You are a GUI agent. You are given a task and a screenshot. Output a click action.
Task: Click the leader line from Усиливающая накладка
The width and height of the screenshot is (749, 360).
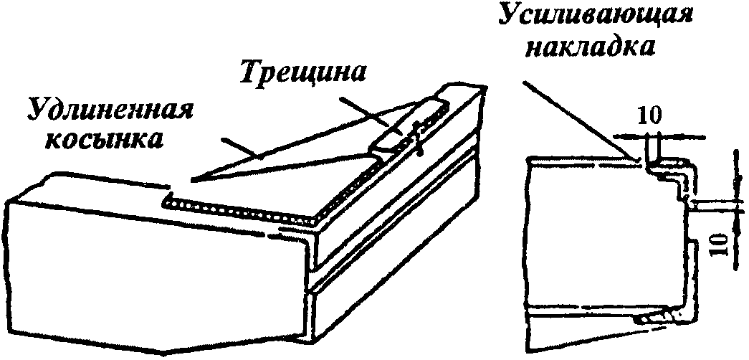click(573, 115)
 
